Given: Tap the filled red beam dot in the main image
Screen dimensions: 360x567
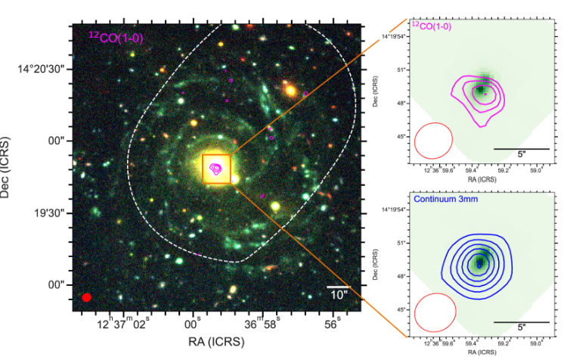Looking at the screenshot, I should [86, 297].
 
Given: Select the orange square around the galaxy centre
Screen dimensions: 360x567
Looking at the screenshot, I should [216, 168].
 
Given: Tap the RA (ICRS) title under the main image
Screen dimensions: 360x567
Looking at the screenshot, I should [216, 343].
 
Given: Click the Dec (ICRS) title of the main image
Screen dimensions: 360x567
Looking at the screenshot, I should [8, 168].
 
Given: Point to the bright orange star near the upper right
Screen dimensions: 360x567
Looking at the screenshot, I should [289, 90].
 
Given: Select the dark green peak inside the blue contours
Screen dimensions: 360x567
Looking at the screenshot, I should [478, 263].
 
